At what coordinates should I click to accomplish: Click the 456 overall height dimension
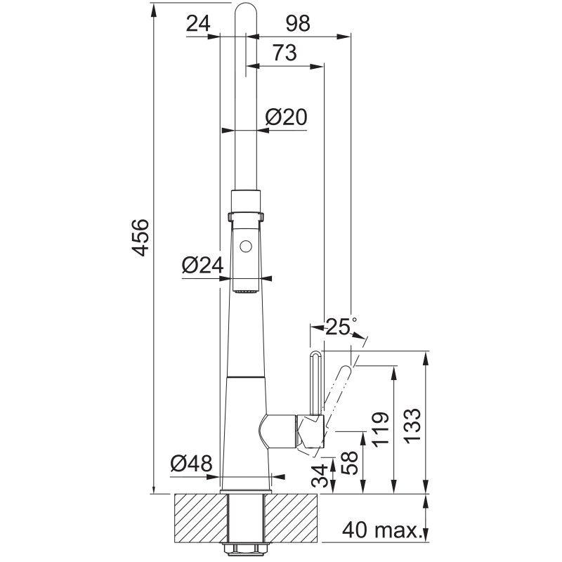click(140, 237)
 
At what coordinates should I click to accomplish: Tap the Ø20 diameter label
click(287, 117)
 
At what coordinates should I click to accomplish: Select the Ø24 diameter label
click(202, 266)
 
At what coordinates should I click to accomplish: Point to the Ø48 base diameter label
click(191, 464)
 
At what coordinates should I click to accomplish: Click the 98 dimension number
click(298, 23)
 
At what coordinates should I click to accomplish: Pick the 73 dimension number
click(285, 53)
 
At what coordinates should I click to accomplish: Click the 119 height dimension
click(380, 430)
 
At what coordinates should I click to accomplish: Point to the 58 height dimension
click(349, 462)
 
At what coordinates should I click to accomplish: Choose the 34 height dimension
click(320, 476)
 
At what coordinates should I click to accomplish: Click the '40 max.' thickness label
click(381, 530)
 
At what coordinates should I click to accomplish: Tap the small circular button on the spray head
click(245, 247)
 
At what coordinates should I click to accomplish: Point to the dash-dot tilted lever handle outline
click(336, 394)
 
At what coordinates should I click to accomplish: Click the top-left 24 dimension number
click(198, 24)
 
